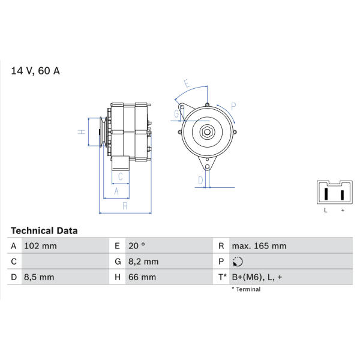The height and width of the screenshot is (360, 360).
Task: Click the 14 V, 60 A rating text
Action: (x=35, y=71)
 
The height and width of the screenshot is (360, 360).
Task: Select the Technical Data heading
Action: (x=44, y=231)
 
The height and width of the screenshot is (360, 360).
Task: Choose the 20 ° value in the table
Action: (x=137, y=246)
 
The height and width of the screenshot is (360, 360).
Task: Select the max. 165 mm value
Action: (x=259, y=246)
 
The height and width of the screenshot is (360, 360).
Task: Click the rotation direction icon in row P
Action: (x=238, y=262)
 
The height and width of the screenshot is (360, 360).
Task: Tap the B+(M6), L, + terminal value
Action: (x=257, y=277)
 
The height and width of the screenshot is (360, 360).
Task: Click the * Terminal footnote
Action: (x=246, y=289)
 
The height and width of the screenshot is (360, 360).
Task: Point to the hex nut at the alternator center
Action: (x=207, y=132)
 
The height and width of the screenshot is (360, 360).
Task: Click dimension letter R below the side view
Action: (x=125, y=206)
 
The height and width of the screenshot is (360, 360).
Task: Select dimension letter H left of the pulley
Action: (x=82, y=132)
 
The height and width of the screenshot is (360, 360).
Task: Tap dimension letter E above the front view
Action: (x=187, y=83)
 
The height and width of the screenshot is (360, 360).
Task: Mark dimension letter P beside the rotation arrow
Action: (x=233, y=107)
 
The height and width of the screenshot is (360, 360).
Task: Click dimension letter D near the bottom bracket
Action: (x=200, y=181)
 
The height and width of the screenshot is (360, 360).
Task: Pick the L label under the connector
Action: (x=326, y=210)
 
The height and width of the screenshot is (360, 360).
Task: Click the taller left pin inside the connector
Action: (x=326, y=194)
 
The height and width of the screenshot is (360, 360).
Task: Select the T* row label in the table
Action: (x=222, y=277)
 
